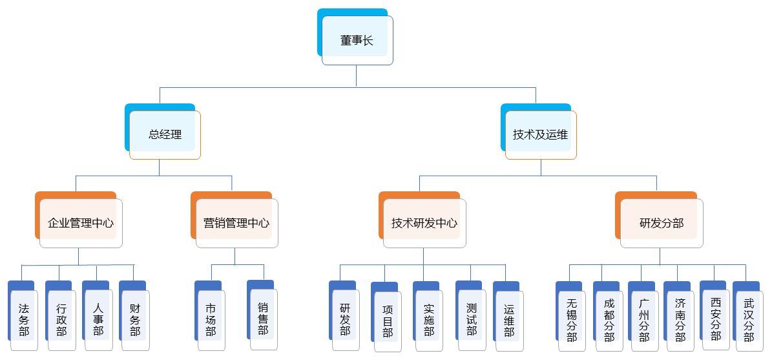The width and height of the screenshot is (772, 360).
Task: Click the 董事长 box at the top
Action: click(357, 40)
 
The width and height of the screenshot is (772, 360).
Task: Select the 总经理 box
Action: click(165, 134)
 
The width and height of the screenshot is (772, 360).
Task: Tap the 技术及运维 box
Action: click(540, 134)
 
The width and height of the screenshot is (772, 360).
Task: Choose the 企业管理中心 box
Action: click(81, 223)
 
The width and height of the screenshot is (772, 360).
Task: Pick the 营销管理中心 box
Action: click(236, 223)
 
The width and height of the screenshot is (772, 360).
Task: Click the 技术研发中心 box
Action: click(424, 223)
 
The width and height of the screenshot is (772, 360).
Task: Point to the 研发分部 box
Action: click(662, 223)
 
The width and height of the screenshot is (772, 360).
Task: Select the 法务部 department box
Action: click(24, 320)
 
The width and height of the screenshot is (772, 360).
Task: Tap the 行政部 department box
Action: click(61, 320)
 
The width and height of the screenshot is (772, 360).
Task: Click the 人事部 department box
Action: click(98, 320)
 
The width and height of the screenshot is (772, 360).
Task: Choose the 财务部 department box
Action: click(135, 320)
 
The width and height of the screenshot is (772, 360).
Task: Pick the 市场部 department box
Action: click(211, 320)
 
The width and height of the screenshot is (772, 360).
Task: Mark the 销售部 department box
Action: click(263, 319)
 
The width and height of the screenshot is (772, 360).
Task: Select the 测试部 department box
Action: click(472, 320)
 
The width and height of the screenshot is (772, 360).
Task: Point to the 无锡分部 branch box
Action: click(572, 320)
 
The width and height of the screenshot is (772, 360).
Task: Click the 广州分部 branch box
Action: click(644, 320)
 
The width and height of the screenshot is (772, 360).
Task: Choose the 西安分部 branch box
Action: click(716, 320)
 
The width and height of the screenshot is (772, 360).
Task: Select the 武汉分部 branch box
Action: click(749, 320)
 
